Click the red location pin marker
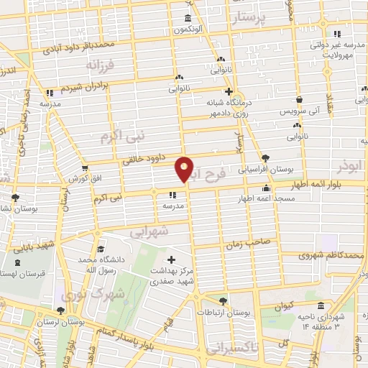(x=185, y=169)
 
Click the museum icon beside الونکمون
(x=188, y=18)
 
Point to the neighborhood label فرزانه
(x=101, y=65)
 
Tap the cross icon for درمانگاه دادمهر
(x=229, y=91)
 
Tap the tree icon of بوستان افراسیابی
(x=267, y=157)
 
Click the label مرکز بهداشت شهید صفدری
(x=171, y=277)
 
